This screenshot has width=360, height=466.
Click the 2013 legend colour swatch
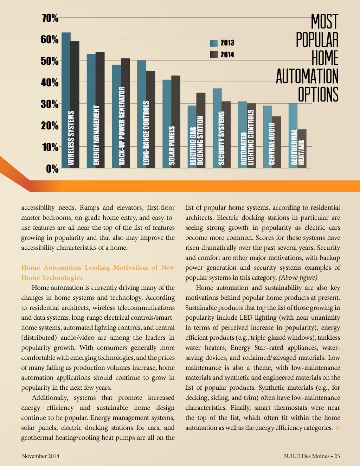pos(214,43)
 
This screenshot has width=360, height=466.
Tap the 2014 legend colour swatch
pos(214,55)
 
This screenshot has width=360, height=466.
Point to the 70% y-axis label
pos(50,18)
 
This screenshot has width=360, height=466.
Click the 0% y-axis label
pos(52,169)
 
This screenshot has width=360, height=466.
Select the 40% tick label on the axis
pos(50,83)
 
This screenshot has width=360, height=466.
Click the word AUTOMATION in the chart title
pos(307,76)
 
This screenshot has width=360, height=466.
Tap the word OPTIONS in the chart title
pos(318,95)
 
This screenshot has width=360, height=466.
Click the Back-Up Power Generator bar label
pos(122,126)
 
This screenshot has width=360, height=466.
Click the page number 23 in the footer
pos(337,456)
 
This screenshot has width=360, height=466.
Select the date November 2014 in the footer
pos(40,456)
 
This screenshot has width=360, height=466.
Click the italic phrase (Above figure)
pos(298,278)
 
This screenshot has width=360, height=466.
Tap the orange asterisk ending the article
pos(338,428)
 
